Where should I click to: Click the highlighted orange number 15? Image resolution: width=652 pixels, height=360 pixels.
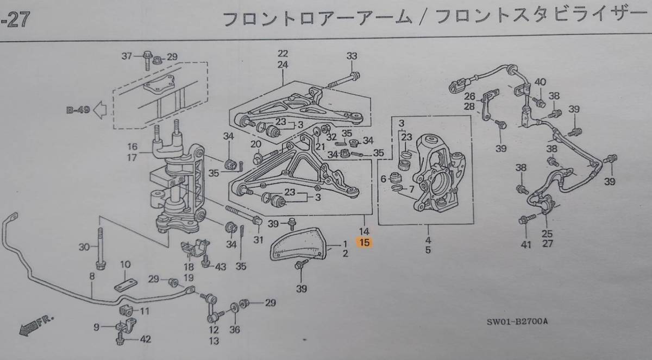coord(364,243)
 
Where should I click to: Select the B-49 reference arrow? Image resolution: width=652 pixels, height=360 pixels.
coord(87,111)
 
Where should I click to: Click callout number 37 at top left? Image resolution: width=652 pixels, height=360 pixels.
coord(127,56)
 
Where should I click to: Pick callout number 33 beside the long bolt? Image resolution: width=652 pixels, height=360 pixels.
coord(353,56)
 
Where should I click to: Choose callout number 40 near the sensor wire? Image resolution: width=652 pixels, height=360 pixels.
coord(540,82)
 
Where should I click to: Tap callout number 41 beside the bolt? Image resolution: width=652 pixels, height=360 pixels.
coord(525,245)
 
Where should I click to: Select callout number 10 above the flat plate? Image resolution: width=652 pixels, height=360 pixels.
coord(125,264)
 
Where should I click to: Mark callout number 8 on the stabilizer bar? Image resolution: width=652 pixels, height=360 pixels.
coord(92,276)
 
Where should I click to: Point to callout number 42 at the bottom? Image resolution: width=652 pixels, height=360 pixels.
coord(146,340)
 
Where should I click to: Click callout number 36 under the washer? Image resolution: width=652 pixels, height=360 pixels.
coord(234,329)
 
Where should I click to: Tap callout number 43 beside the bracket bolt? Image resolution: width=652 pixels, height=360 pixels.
coord(220,266)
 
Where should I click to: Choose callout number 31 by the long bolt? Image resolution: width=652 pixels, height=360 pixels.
coord(258,241)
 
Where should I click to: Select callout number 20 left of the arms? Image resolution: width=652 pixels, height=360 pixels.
coord(256,144)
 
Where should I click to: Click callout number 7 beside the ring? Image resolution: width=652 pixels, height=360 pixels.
coord(411,189)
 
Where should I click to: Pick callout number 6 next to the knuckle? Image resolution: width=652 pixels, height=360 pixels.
coord(384,178)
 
